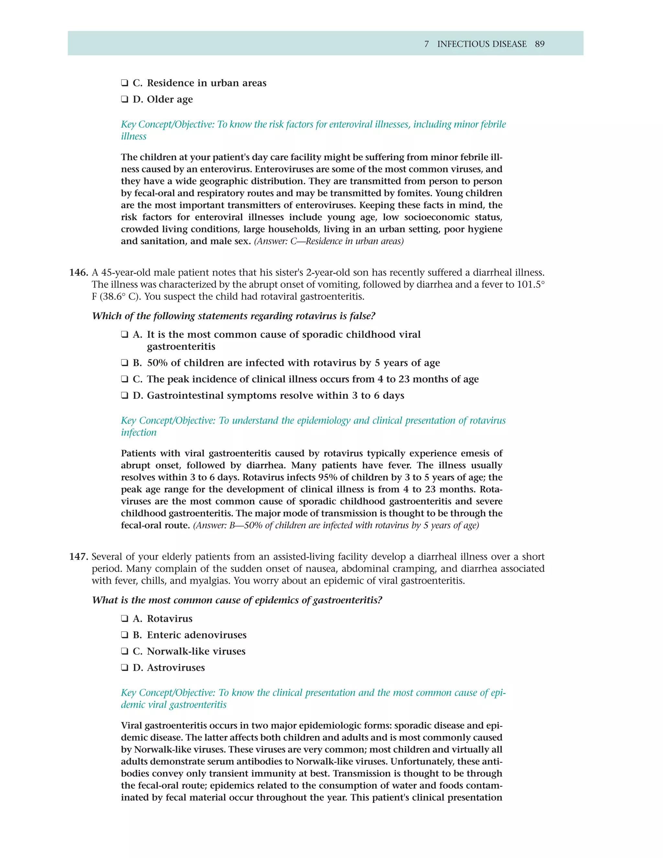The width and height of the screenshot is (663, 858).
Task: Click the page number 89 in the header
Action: tap(539, 44)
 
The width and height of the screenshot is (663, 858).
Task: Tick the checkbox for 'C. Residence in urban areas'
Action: tap(125, 83)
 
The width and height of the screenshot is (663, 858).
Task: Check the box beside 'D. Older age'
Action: tap(125, 100)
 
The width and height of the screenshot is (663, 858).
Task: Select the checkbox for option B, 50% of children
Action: tap(125, 363)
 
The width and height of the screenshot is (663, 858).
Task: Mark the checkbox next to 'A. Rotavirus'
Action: tap(125, 619)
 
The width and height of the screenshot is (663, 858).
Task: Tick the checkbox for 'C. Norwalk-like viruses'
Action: tap(125, 651)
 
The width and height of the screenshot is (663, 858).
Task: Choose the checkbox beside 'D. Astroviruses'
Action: tap(125, 668)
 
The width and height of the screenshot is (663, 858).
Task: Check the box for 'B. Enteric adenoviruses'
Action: tap(125, 635)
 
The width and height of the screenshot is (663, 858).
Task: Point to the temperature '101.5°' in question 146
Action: tap(530, 284)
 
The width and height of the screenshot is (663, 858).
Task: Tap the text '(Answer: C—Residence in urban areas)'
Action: tap(329, 241)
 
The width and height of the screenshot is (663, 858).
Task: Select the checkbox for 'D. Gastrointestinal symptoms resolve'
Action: tap(125, 396)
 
